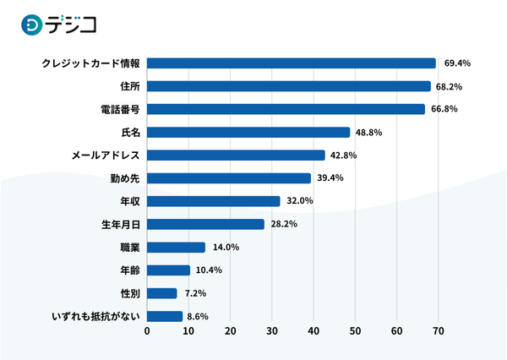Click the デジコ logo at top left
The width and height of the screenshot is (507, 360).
point(58,25)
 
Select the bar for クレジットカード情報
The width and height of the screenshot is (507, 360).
point(292,63)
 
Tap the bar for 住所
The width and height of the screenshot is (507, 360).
point(289,86)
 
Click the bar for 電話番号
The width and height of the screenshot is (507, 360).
point(286,109)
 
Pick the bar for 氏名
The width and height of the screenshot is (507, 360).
point(248,133)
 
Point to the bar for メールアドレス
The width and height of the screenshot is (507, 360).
point(236,155)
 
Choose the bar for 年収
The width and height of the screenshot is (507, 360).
point(214,201)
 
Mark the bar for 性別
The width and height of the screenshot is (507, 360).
point(162,293)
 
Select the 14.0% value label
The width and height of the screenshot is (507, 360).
point(226,248)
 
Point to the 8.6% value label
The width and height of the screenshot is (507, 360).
point(197,317)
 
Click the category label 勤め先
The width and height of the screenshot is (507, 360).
point(126,178)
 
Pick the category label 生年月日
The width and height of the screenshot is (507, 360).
point(119,225)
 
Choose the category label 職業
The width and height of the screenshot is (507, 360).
point(129,248)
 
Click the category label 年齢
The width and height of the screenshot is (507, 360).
point(129,270)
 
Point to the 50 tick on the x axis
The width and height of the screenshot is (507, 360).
point(355,331)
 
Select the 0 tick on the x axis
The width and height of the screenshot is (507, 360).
point(147,331)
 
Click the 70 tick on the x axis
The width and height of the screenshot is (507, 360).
point(438,331)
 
